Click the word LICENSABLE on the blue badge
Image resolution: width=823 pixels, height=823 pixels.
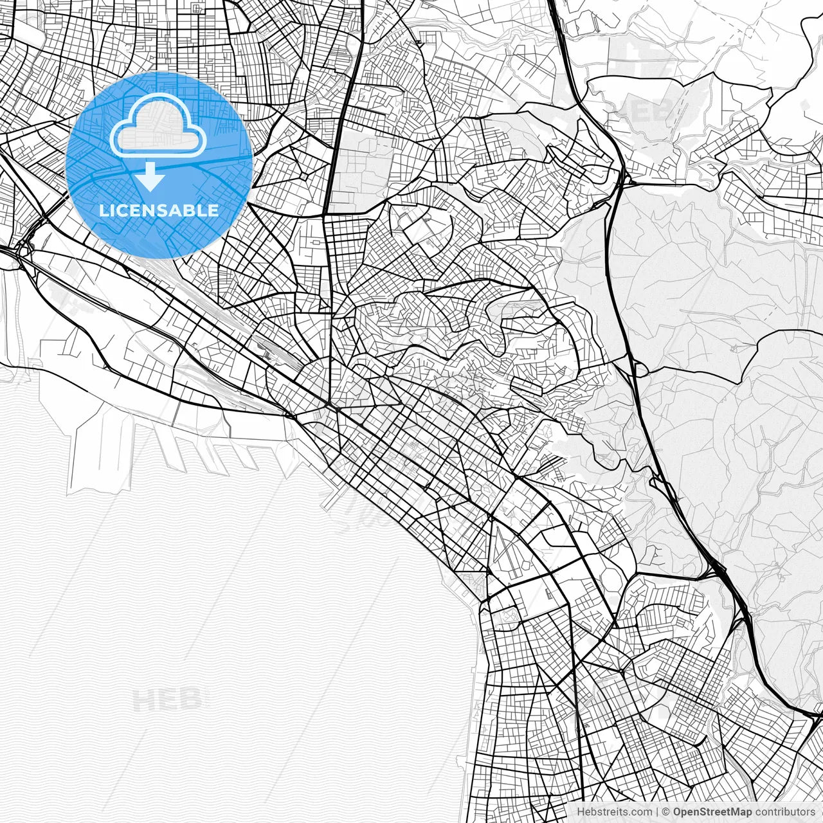158,210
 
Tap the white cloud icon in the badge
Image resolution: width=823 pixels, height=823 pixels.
158,126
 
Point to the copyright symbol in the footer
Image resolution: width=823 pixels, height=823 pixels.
666,812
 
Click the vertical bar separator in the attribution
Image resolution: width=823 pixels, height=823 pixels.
657,812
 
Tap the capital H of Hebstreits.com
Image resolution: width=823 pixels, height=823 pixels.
581,812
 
